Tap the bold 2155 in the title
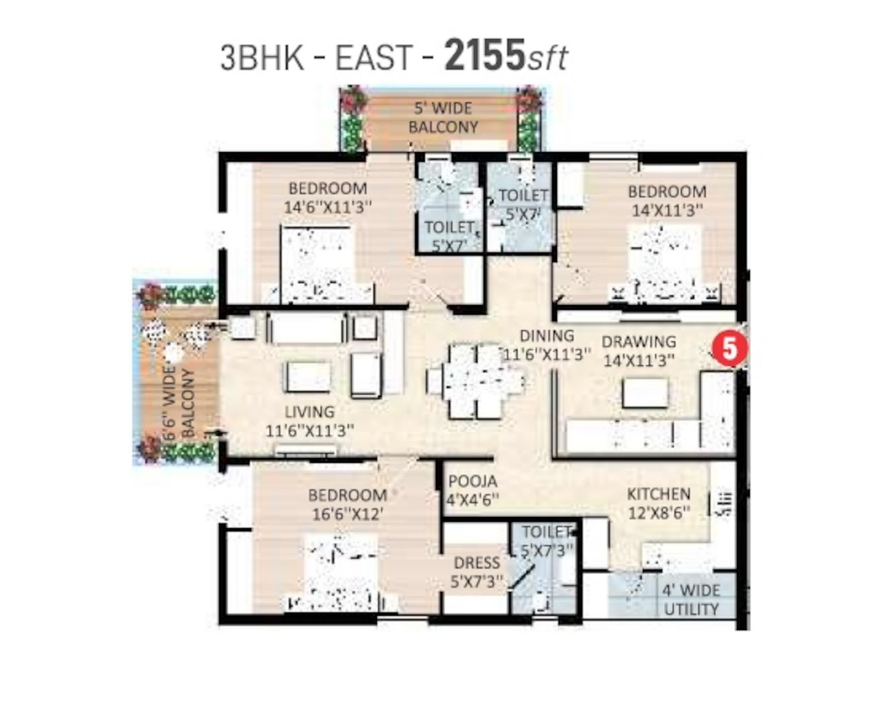(x=485, y=55)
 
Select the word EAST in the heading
(x=373, y=57)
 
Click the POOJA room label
(x=472, y=481)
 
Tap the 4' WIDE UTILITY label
(x=691, y=600)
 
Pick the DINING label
(x=547, y=336)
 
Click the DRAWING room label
(x=639, y=341)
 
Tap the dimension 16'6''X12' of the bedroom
(x=348, y=514)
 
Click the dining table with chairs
(x=476, y=382)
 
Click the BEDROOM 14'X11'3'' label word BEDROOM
(x=667, y=192)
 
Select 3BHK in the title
(x=262, y=57)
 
